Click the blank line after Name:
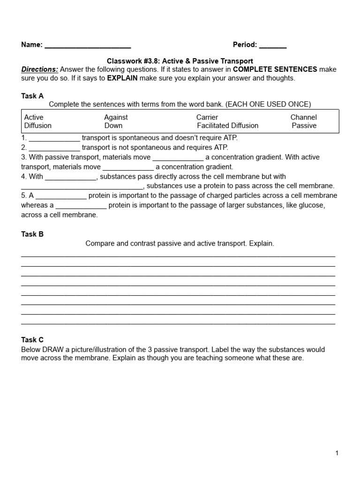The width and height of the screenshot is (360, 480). (x=87, y=46)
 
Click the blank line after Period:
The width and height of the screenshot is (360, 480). (x=272, y=46)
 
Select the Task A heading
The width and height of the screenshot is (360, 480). (x=32, y=96)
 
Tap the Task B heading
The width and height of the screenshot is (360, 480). (x=32, y=234)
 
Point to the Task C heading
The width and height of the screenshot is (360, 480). (x=32, y=340)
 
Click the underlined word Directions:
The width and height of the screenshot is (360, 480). (x=40, y=69)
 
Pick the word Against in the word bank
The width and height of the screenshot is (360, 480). (x=116, y=117)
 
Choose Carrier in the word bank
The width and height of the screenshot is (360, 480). (x=207, y=117)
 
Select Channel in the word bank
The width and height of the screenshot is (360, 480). (x=303, y=117)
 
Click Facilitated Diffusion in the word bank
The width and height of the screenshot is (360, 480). (x=227, y=126)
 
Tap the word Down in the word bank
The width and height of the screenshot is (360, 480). (x=113, y=126)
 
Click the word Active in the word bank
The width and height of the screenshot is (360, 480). (x=34, y=117)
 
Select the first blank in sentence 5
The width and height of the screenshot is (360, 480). (x=61, y=196)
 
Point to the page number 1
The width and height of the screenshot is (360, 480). (x=337, y=453)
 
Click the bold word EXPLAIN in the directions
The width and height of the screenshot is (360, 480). (x=122, y=78)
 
